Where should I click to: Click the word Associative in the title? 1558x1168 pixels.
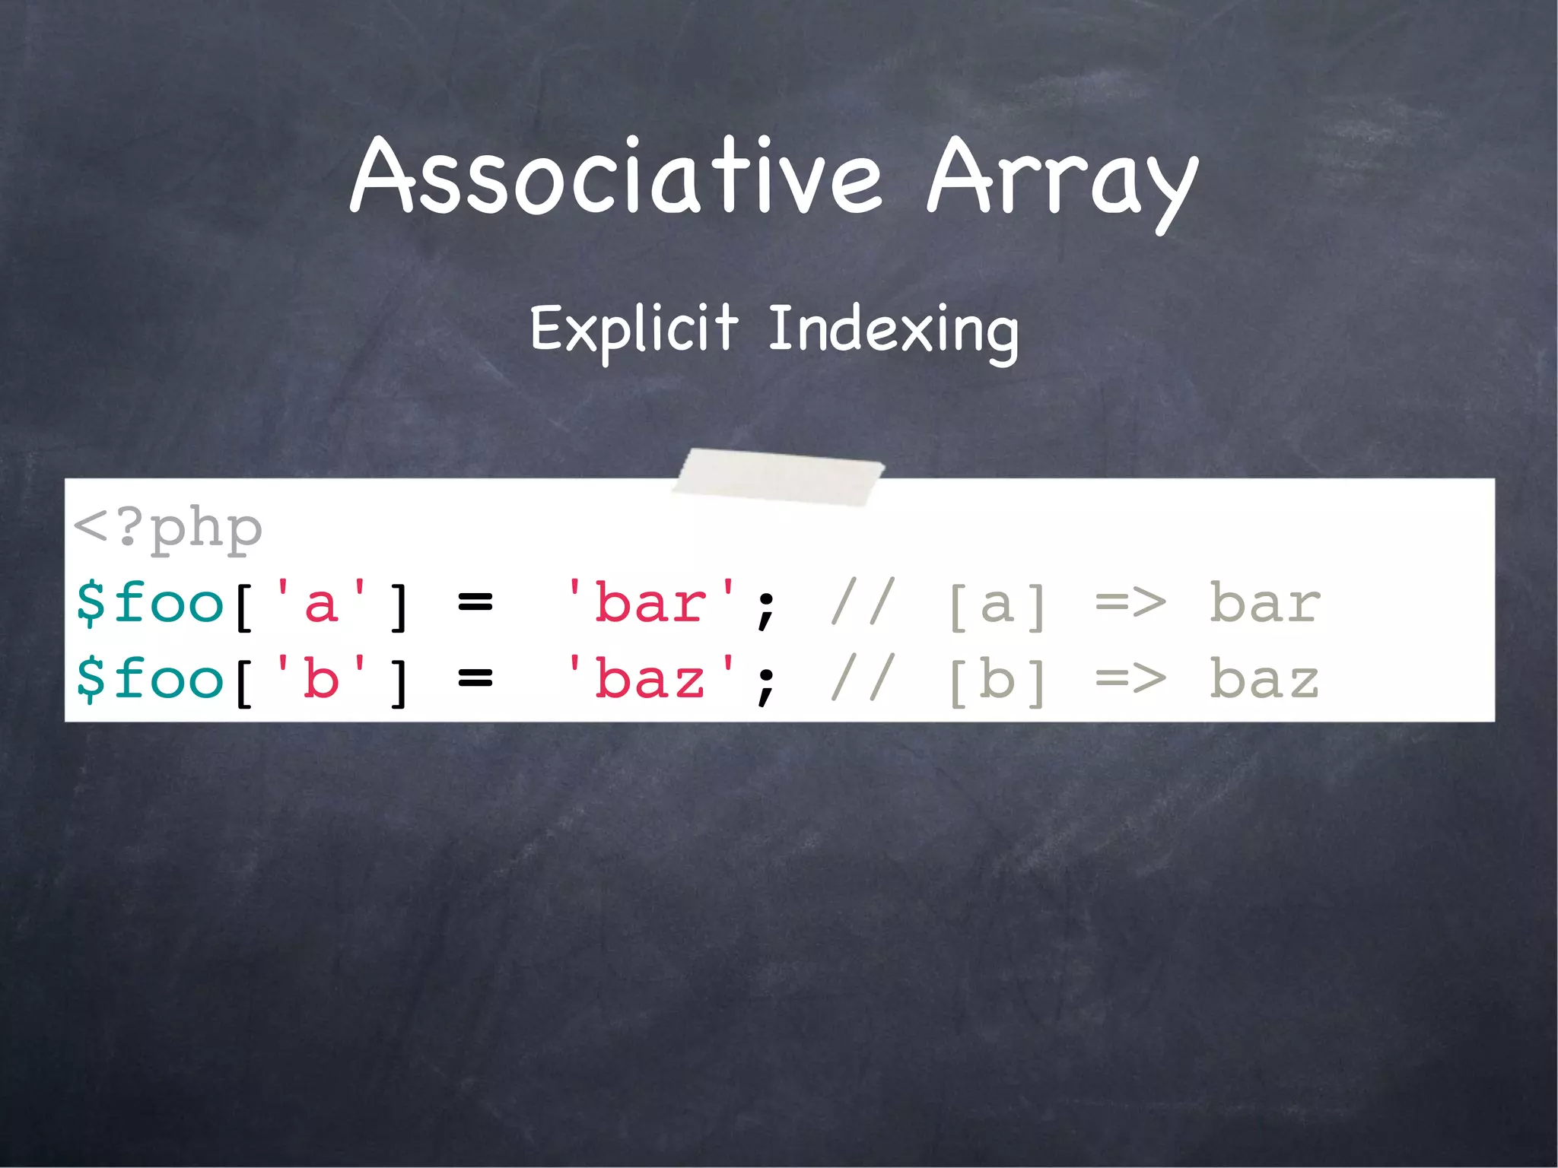(616, 176)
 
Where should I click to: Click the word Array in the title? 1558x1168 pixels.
(1062, 179)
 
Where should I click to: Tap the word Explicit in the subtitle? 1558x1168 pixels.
(634, 328)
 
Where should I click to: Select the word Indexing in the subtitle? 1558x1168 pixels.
(893, 330)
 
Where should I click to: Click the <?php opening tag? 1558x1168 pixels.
(168, 528)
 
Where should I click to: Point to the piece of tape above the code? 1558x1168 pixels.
(778, 475)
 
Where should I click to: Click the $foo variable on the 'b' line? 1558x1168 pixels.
(150, 678)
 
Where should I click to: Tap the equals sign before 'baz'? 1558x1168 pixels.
(475, 678)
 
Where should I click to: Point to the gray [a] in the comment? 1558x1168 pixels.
(997, 605)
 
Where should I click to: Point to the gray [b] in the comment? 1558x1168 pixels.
(997, 680)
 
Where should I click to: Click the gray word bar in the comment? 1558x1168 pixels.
(1264, 604)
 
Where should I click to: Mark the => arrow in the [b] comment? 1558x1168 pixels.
(1130, 678)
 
